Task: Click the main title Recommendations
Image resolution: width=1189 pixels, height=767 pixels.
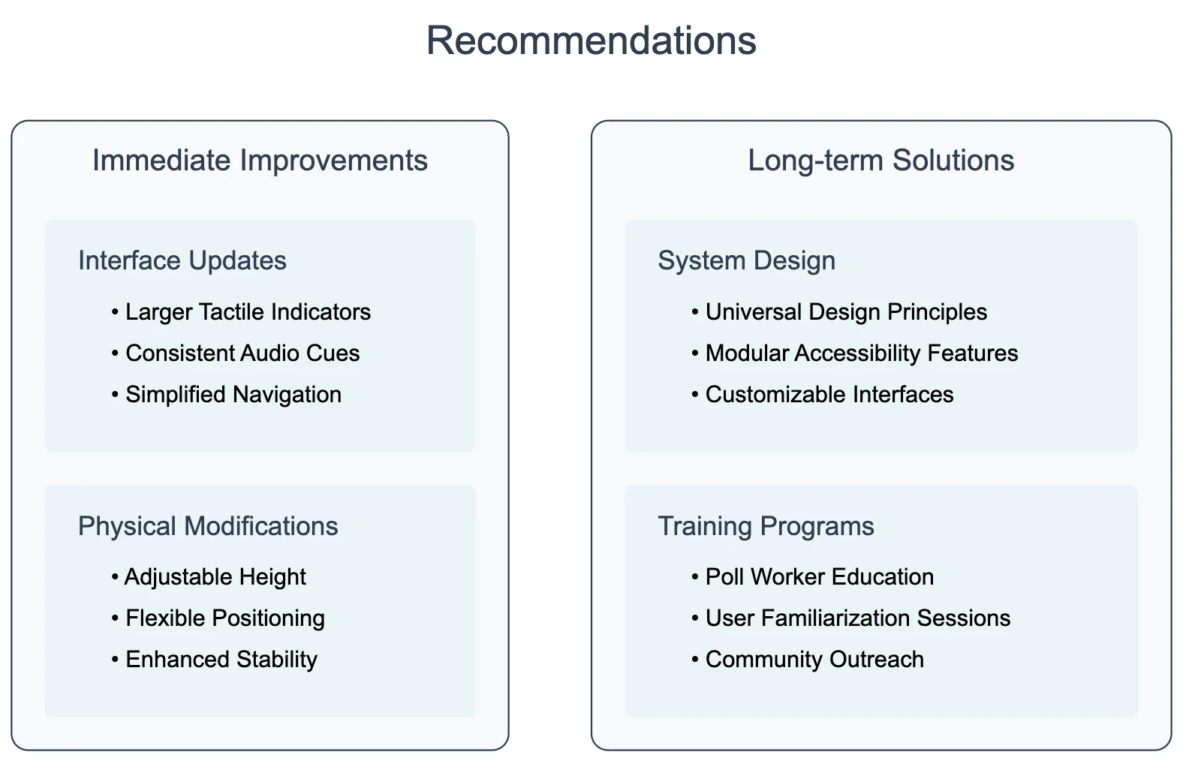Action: (591, 41)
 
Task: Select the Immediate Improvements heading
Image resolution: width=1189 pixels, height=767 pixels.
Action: (260, 161)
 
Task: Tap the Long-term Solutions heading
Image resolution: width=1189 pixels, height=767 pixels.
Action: (880, 161)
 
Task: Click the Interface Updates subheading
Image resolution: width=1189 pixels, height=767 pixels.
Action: (182, 260)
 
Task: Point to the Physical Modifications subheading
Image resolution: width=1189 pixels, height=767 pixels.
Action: (208, 526)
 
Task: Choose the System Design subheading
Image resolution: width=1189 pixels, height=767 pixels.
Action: (746, 260)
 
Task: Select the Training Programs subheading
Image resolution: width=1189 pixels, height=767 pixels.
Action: (766, 526)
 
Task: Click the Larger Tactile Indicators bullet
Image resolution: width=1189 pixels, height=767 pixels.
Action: (248, 311)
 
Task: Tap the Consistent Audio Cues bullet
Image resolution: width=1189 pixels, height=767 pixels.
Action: (242, 353)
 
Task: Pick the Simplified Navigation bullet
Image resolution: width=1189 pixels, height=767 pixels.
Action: (233, 394)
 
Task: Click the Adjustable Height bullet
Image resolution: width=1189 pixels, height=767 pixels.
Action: (215, 576)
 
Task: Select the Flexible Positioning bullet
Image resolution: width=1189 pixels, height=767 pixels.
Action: (225, 618)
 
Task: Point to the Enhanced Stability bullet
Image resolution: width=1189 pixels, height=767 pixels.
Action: (221, 659)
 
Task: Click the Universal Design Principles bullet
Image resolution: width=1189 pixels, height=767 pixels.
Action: (846, 311)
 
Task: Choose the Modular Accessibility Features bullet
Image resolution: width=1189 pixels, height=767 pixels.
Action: (862, 353)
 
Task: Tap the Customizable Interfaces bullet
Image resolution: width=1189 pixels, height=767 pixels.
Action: (829, 394)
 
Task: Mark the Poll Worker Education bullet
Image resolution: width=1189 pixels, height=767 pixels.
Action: (820, 576)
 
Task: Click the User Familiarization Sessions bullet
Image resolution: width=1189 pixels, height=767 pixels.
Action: (858, 618)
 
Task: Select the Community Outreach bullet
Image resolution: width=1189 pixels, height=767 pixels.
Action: (814, 659)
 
